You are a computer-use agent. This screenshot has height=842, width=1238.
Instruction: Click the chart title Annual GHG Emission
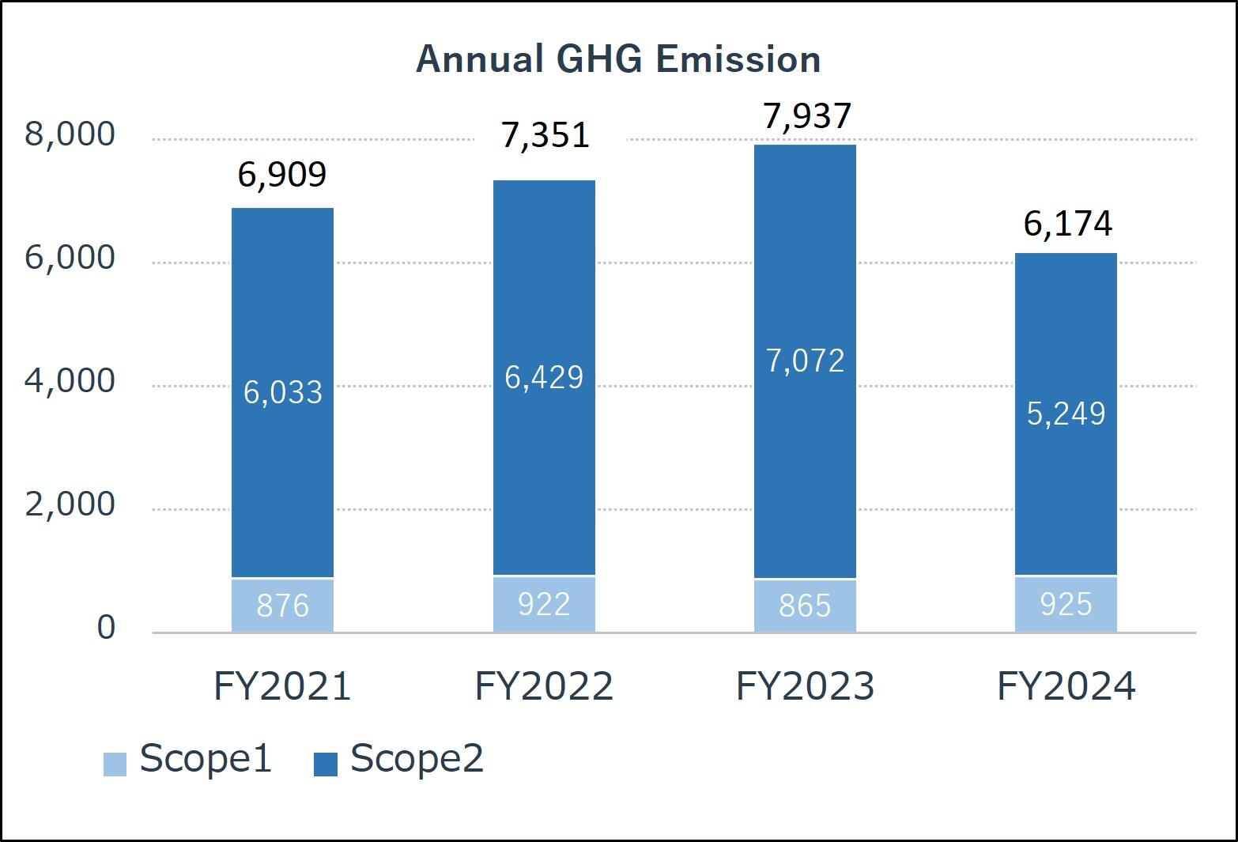tap(618, 59)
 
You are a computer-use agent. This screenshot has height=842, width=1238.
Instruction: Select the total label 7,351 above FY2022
tap(545, 135)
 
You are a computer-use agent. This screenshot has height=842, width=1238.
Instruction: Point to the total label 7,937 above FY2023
tap(806, 115)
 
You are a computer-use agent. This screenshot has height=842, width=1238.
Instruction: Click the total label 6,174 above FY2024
tap(1067, 224)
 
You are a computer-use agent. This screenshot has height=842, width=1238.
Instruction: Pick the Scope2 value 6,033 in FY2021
tap(282, 392)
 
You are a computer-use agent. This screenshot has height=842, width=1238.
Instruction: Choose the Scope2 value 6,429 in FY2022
tap(544, 377)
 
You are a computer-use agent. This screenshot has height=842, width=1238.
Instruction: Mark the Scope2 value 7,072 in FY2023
tap(806, 361)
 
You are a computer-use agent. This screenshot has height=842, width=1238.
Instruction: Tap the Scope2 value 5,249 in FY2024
tap(1066, 413)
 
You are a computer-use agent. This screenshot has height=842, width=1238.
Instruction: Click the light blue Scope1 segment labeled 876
tap(282, 606)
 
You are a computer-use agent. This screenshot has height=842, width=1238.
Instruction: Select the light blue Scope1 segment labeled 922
tap(544, 604)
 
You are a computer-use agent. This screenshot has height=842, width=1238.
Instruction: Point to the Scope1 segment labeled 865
tap(805, 606)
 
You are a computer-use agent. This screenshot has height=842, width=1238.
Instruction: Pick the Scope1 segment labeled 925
tap(1066, 604)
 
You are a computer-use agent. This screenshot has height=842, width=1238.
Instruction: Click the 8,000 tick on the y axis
tap(70, 134)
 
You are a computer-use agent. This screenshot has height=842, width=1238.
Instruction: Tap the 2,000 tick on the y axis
tap(70, 504)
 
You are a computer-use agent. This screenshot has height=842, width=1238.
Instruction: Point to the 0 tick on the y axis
tap(106, 628)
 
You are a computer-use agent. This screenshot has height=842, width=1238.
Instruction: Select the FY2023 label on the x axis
tap(805, 686)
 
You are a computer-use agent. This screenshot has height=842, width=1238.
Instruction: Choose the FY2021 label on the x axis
tap(282, 686)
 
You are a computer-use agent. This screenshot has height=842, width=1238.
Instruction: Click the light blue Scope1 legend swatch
tap(115, 764)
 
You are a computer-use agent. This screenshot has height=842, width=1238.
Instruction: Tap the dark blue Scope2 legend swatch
tap(326, 764)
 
